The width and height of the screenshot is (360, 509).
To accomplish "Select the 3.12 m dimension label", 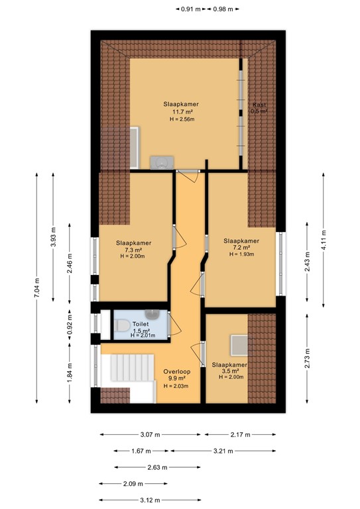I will click(133, 500).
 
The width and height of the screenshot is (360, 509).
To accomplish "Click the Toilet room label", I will click(141, 324).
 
